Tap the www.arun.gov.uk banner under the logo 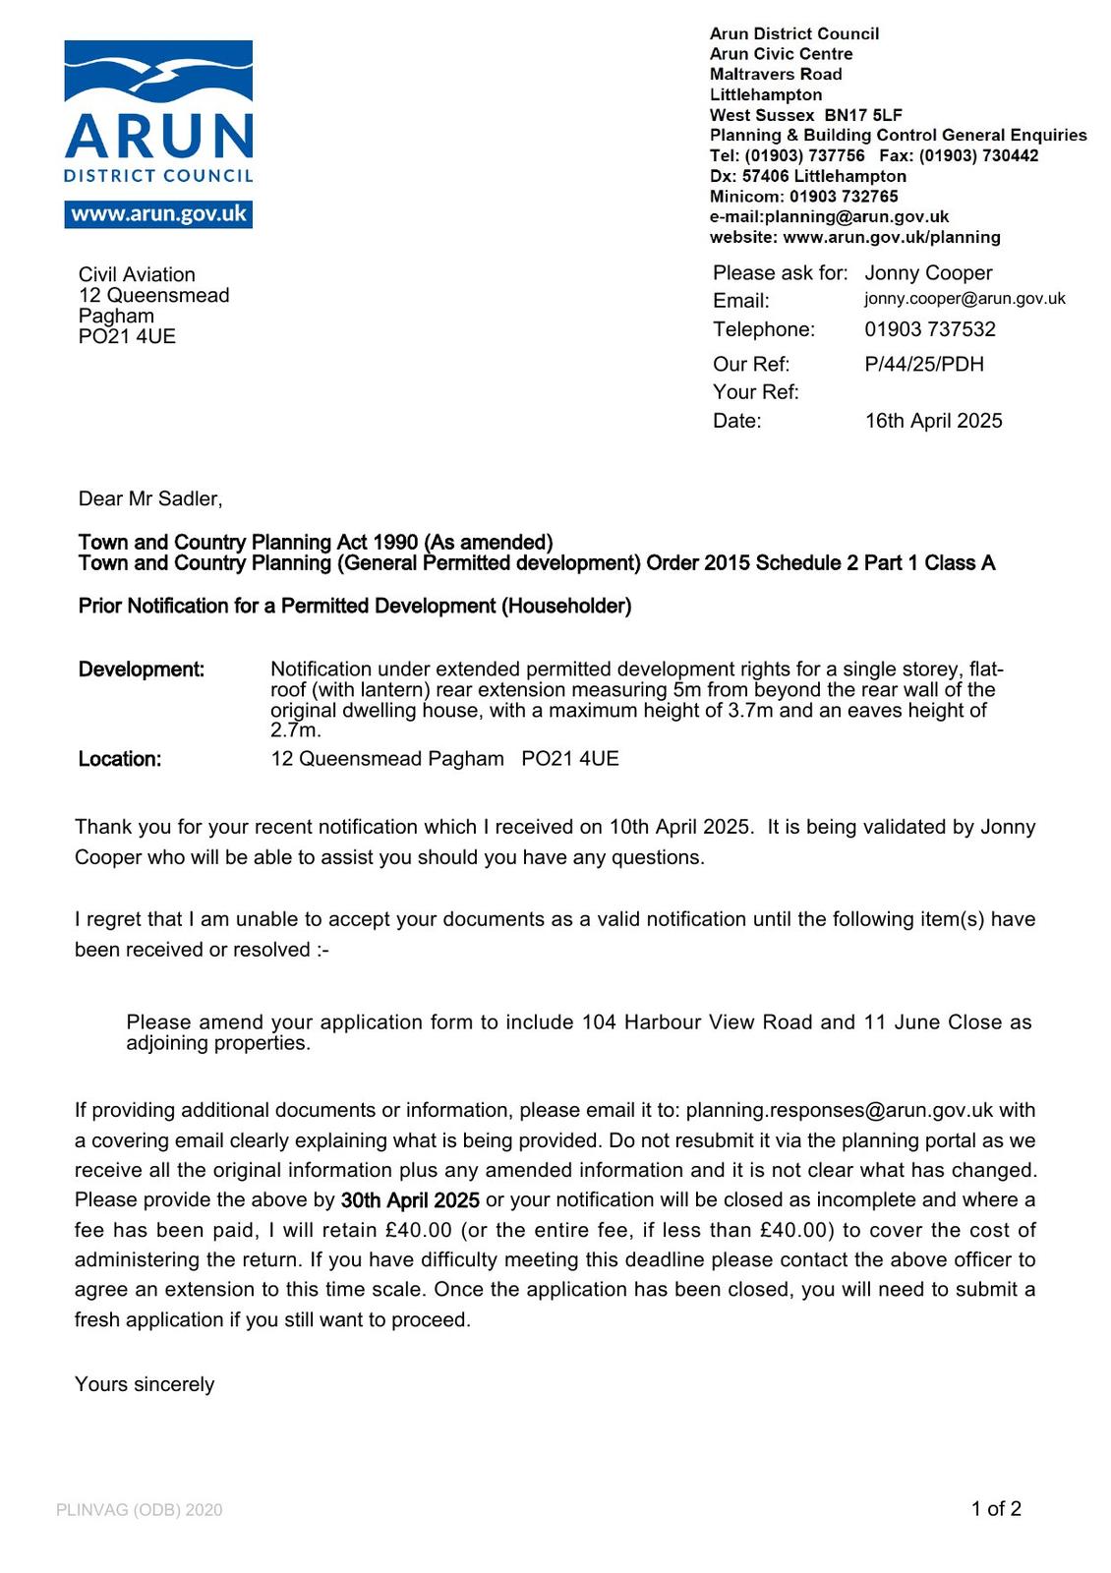[x=158, y=214]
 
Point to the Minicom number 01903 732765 [x=844, y=197]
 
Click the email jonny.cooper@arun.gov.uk [x=965, y=299]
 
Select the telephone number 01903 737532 [x=930, y=329]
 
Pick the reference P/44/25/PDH [x=924, y=365]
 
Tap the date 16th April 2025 [x=933, y=421]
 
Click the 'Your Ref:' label [x=755, y=392]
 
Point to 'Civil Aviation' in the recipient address [x=137, y=274]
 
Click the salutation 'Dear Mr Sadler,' [x=150, y=499]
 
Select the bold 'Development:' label [x=142, y=670]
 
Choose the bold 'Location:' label [x=120, y=759]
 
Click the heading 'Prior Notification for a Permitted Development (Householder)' [x=355, y=606]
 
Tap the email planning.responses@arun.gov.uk [x=840, y=1110]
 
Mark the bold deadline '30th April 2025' [x=410, y=1200]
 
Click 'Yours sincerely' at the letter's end [x=145, y=1384]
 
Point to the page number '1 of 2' [x=996, y=1509]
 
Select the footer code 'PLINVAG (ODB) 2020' [x=140, y=1510]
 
